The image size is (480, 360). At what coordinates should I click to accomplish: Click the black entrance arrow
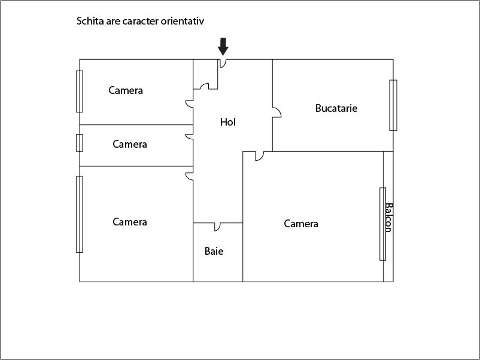223,47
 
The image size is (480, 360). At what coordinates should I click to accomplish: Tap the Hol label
228,122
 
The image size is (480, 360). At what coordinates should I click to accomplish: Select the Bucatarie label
336,108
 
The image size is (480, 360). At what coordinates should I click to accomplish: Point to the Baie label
214,251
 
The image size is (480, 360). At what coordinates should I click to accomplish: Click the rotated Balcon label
388,218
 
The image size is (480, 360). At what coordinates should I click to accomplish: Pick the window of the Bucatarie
393,105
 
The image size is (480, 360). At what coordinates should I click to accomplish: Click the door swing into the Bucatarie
277,112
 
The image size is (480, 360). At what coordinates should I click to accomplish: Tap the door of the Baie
217,227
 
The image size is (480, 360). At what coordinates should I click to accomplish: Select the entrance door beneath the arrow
223,63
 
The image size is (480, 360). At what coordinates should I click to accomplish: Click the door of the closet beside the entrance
205,86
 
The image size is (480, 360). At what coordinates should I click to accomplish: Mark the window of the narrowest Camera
79,143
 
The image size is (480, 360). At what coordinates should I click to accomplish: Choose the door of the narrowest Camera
190,137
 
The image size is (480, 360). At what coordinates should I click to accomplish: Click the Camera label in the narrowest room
130,144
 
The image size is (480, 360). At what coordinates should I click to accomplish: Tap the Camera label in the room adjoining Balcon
301,224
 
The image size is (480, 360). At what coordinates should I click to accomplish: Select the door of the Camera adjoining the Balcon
260,156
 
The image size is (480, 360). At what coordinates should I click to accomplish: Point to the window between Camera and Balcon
382,224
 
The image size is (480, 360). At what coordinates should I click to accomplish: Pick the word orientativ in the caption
183,21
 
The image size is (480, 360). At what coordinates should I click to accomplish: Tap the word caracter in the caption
141,22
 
